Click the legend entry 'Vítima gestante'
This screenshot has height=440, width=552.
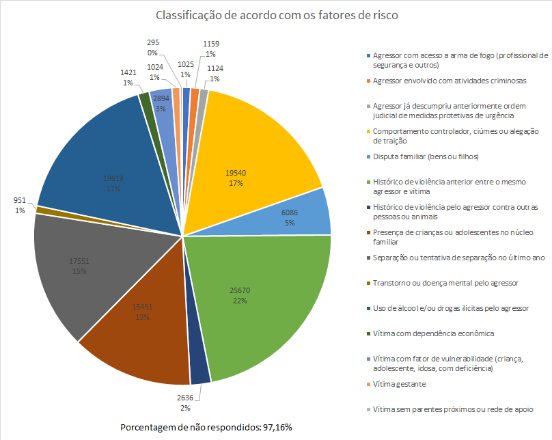click(x=400, y=384)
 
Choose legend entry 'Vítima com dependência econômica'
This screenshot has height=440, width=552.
click(x=433, y=333)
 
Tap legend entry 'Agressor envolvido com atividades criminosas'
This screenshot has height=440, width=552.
click(x=450, y=81)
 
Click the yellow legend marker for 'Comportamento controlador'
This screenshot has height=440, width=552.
click(x=369, y=131)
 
